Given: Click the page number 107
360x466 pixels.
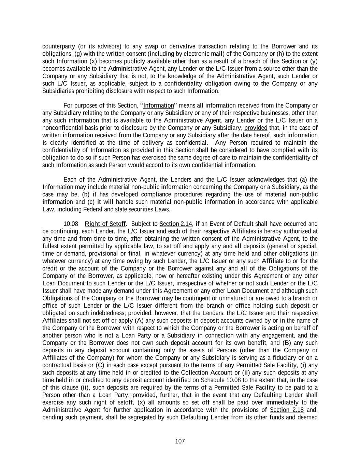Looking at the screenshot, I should coord(180,441).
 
